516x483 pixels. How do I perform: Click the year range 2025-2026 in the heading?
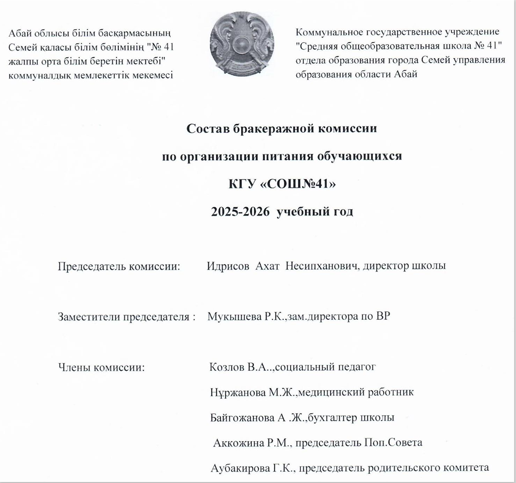pos(241,212)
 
